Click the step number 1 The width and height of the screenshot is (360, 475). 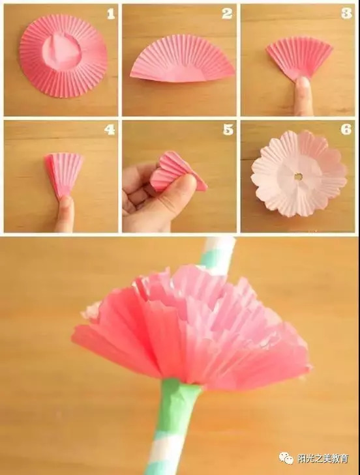click(x=111, y=14)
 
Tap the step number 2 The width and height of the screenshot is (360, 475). click(x=227, y=14)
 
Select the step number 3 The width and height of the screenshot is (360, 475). click(x=346, y=14)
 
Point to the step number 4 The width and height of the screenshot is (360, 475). click(x=110, y=130)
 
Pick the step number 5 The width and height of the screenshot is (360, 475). click(x=228, y=130)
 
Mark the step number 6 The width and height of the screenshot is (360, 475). click(x=346, y=130)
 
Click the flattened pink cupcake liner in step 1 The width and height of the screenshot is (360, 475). click(x=63, y=56)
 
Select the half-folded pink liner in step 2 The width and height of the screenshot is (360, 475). click(x=183, y=59)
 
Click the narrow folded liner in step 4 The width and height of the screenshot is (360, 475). click(x=64, y=175)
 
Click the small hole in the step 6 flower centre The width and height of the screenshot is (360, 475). click(x=299, y=176)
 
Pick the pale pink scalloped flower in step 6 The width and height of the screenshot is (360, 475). click(x=299, y=173)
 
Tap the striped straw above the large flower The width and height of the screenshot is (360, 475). click(x=219, y=255)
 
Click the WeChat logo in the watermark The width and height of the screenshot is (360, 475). click(x=286, y=458)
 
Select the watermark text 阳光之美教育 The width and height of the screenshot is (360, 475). click(x=323, y=458)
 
